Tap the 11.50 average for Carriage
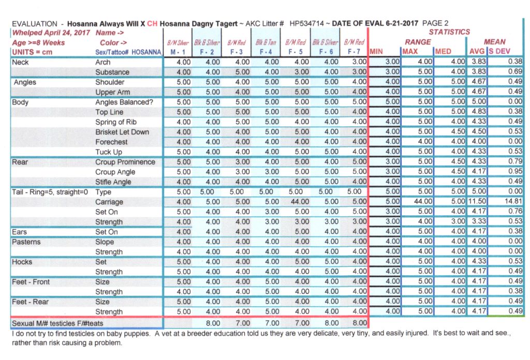tap(477, 202)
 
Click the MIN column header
tap(376, 52)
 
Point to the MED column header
tap(444, 52)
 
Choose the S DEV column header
tap(500, 52)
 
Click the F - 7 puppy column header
tap(354, 52)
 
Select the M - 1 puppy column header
tap(177, 52)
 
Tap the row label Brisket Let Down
tap(122, 132)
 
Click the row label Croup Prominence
tap(125, 162)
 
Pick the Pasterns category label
tap(26, 242)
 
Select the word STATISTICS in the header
tap(449, 32)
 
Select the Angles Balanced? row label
tap(124, 102)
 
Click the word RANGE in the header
tap(418, 42)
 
